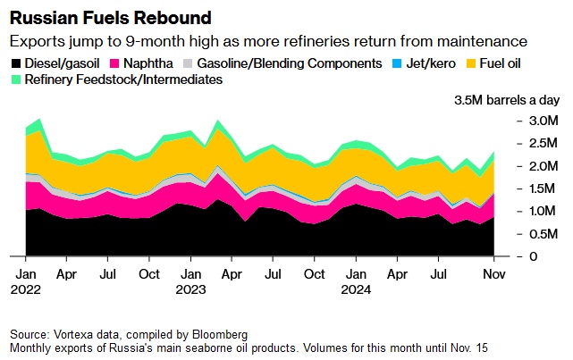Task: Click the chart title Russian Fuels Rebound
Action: tap(110, 18)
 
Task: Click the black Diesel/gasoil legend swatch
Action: tap(18, 63)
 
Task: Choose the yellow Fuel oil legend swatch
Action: tap(473, 63)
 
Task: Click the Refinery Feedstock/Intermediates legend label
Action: tap(123, 80)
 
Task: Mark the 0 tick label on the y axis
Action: tap(534, 256)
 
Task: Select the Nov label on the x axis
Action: tap(493, 273)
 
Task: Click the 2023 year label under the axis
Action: tap(190, 289)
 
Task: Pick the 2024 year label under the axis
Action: tap(356, 289)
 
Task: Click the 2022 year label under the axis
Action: tap(25, 289)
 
